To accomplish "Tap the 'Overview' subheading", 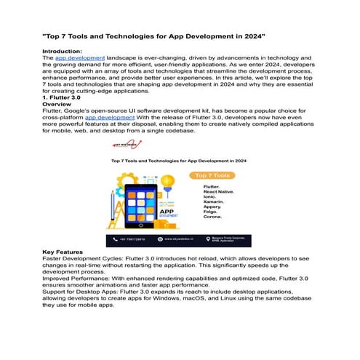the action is click(x=57, y=104).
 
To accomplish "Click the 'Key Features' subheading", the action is click(x=63, y=252).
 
